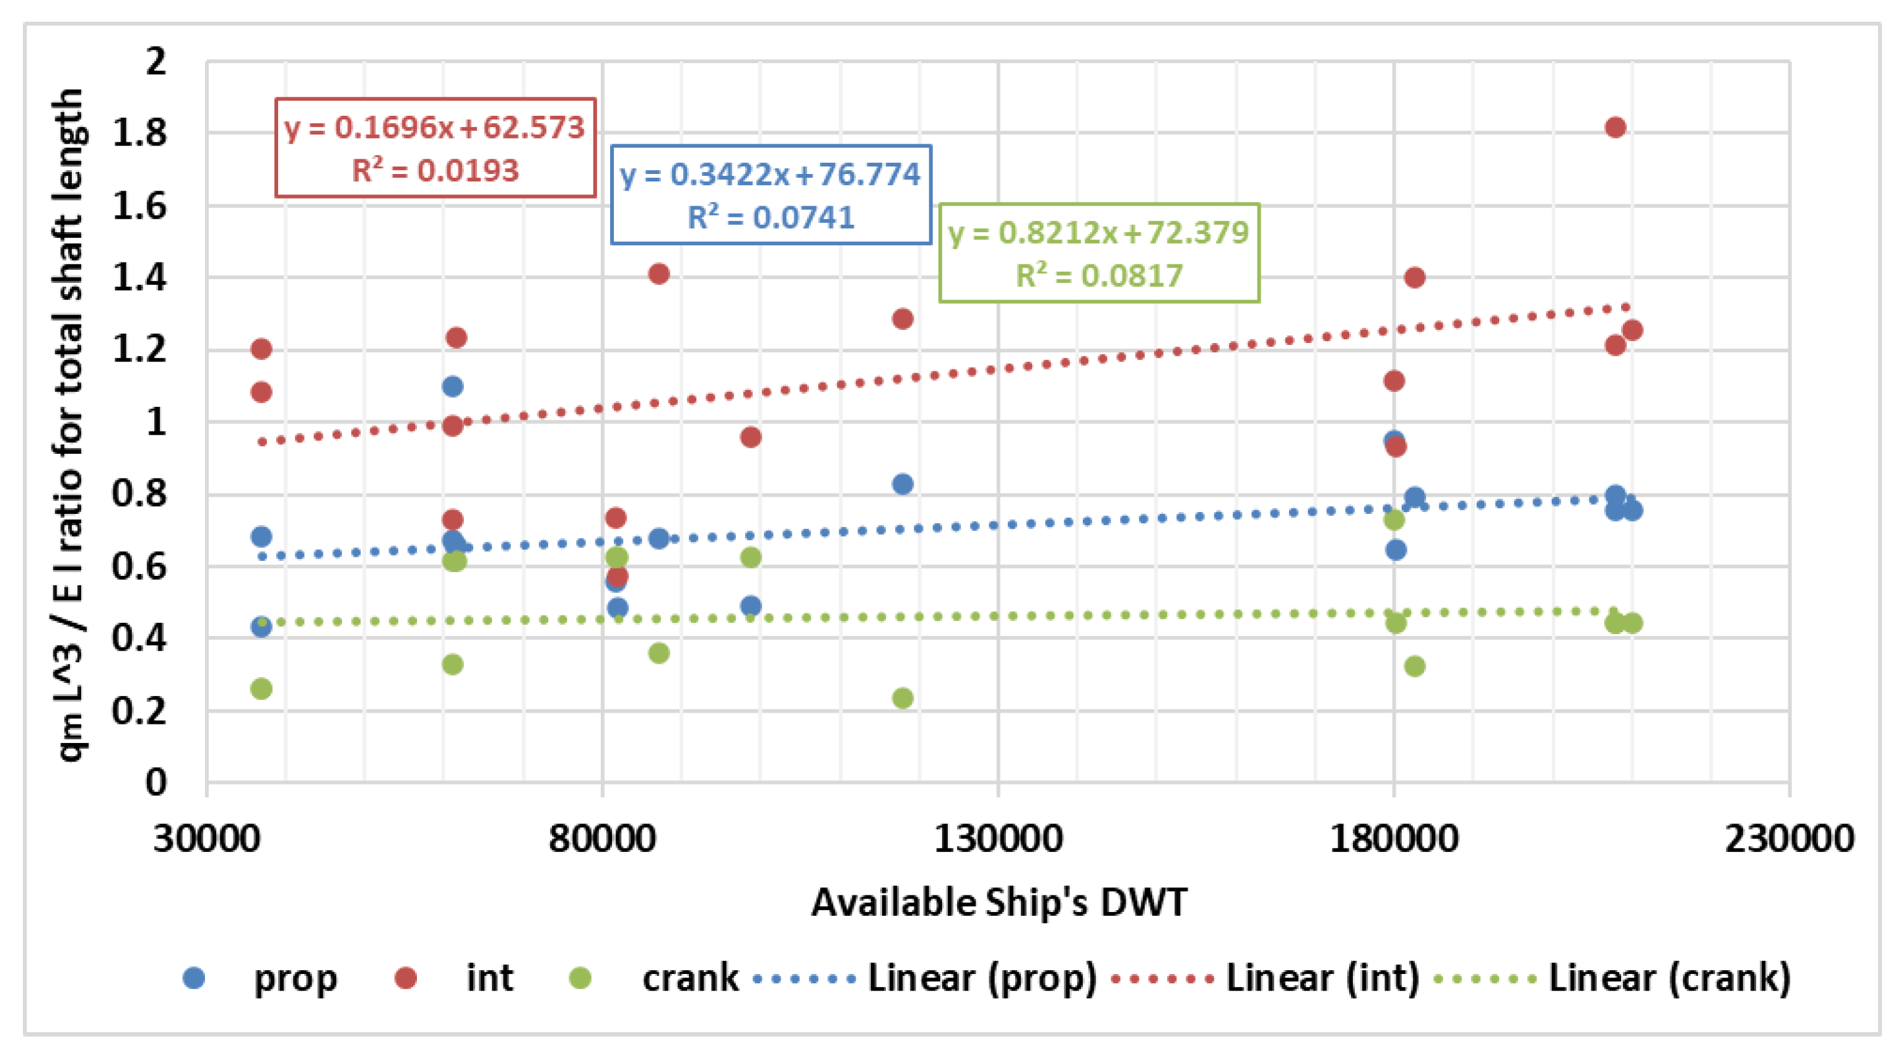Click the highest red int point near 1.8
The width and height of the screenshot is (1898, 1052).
1615,128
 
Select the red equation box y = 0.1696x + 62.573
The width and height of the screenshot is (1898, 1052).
435,148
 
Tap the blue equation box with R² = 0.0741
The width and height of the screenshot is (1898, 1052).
771,194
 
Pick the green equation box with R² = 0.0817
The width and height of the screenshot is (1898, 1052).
1098,253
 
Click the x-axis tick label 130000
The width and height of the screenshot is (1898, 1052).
998,839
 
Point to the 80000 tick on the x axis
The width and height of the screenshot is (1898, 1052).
602,839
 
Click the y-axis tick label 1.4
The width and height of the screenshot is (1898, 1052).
140,278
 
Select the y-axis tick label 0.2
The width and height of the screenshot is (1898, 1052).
140,711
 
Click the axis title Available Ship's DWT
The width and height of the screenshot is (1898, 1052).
999,902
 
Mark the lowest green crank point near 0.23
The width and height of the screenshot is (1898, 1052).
903,698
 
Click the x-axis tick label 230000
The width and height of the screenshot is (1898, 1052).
1789,839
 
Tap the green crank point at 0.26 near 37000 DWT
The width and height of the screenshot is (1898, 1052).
261,689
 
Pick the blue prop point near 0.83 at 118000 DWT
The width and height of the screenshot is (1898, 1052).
903,484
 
